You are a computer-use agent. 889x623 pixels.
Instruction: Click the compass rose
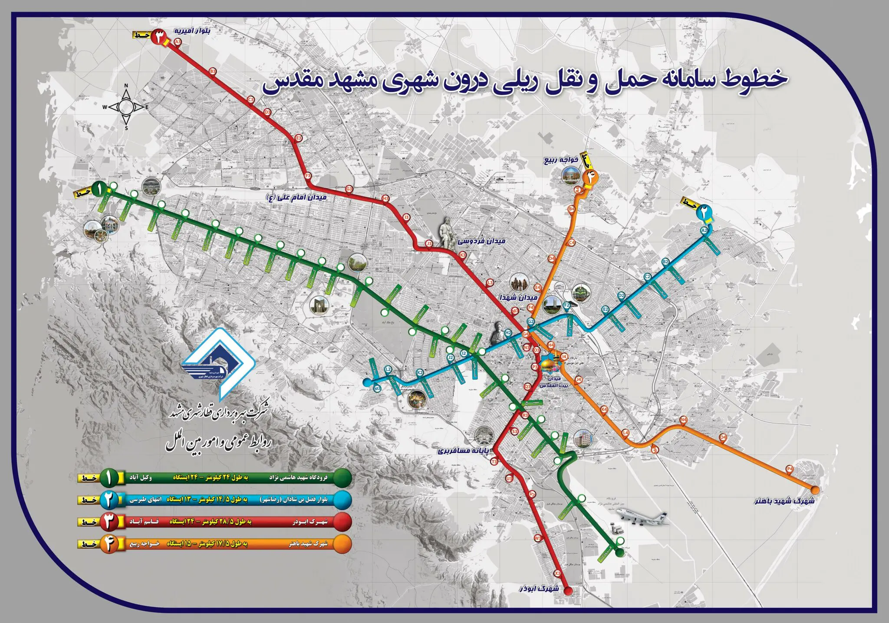126,107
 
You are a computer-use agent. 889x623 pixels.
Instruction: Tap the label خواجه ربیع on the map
561,160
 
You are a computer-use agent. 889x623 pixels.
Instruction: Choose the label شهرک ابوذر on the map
540,590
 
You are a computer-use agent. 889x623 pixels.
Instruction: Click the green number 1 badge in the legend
109,478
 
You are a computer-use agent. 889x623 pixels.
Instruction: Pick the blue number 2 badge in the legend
109,500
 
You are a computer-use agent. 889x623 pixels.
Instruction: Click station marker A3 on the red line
177,42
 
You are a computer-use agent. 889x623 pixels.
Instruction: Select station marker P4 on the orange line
790,469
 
